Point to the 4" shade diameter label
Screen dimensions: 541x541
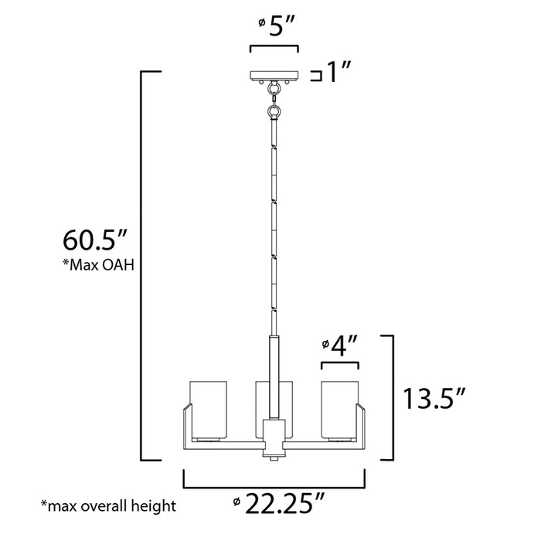tap(340, 343)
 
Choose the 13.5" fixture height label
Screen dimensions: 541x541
tap(435, 400)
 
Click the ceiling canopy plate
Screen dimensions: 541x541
tap(274, 76)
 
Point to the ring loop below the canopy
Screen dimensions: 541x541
tap(274, 111)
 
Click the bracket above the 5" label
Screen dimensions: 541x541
tap(274, 48)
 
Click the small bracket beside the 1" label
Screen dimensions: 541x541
tap(315, 75)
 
